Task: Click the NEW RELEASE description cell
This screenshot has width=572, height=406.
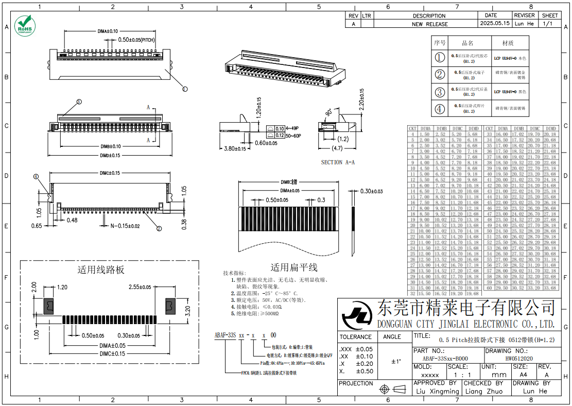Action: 429,24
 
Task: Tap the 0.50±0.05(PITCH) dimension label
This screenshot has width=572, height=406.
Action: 136,40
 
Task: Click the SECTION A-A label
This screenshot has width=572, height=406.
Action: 338,162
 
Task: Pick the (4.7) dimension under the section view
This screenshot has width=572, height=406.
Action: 337,149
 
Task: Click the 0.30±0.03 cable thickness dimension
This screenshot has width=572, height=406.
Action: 371,191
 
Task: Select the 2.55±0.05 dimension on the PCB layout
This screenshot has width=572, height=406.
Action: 140,287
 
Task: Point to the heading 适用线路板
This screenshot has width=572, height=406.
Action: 101,270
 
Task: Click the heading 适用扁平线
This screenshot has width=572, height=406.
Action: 294,267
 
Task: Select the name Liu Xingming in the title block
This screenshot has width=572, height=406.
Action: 437,392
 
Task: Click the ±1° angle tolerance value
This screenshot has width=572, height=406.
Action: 395,361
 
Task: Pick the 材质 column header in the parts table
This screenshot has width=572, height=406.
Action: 508,43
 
